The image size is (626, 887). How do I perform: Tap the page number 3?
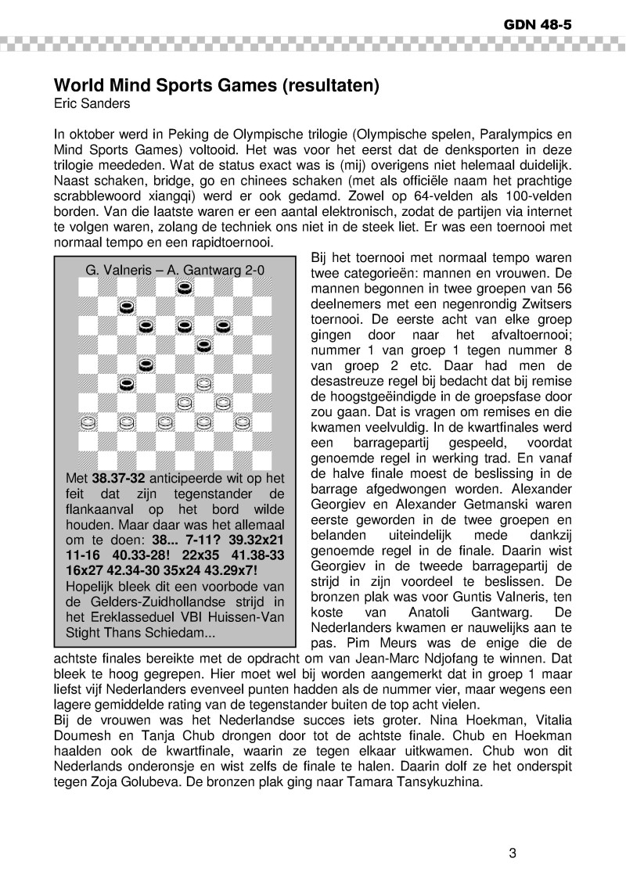pyautogui.click(x=513, y=853)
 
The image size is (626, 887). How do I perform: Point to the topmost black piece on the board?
pyautogui.click(x=184, y=287)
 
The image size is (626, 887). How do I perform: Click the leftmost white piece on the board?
pyautogui.click(x=88, y=422)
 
